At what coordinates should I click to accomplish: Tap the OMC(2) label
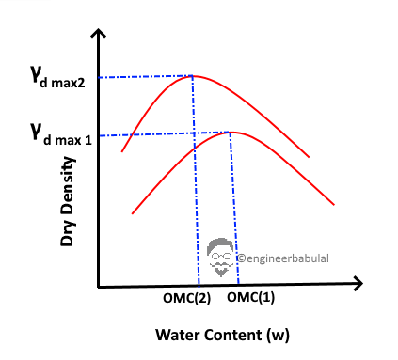(185, 299)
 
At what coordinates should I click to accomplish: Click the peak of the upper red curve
(194, 76)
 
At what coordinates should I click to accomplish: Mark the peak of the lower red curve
(231, 132)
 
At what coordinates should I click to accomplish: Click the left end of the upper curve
(121, 150)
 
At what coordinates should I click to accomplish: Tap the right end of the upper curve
(310, 157)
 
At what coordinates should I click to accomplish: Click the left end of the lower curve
(132, 214)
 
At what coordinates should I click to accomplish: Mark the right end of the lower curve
(334, 204)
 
